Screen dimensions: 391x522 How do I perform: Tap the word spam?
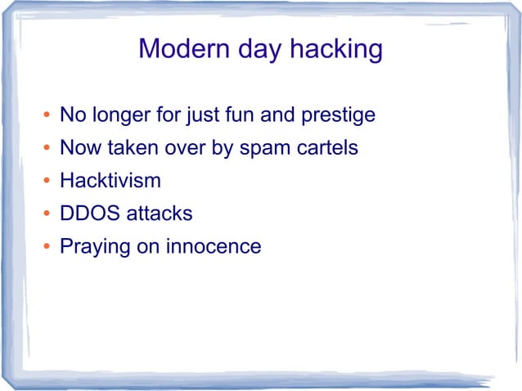pos(262,150)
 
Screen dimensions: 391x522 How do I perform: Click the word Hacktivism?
pos(110,181)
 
